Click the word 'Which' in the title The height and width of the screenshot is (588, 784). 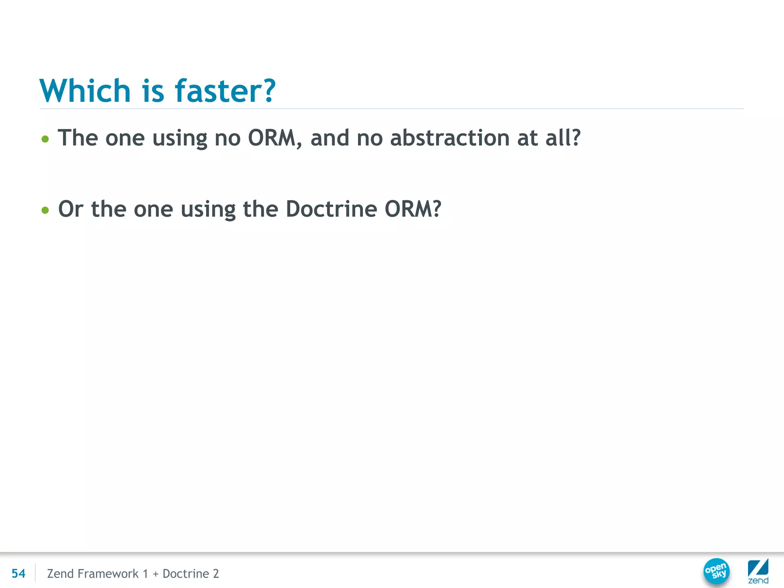pyautogui.click(x=85, y=91)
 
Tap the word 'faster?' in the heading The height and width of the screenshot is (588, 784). pyautogui.click(x=225, y=91)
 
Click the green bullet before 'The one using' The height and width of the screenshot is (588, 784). pyautogui.click(x=45, y=139)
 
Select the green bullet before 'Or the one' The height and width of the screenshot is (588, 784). pyautogui.click(x=45, y=210)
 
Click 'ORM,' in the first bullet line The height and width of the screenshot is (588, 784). pyautogui.click(x=274, y=138)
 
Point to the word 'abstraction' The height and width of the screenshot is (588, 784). pyautogui.click(x=450, y=138)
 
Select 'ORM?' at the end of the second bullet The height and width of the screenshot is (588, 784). pyautogui.click(x=413, y=209)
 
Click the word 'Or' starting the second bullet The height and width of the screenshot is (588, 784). pyautogui.click(x=71, y=209)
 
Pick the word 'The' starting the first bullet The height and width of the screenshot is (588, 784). pyautogui.click(x=78, y=138)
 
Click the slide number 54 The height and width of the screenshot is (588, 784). pyautogui.click(x=18, y=573)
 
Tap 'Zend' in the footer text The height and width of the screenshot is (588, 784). pyautogui.click(x=60, y=573)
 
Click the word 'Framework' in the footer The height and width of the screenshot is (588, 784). pyautogui.click(x=108, y=573)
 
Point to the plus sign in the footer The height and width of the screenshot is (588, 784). pyautogui.click(x=155, y=574)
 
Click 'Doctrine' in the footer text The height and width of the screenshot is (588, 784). pyautogui.click(x=186, y=573)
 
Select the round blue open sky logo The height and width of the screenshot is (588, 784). pyautogui.click(x=716, y=571)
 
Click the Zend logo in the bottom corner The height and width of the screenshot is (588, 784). pyautogui.click(x=758, y=571)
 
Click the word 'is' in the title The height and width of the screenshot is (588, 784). pyautogui.click(x=153, y=91)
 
